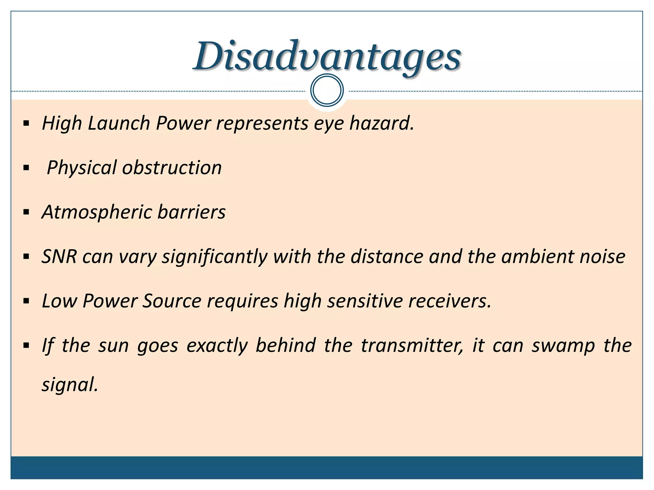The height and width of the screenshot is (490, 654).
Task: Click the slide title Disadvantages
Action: [x=327, y=57]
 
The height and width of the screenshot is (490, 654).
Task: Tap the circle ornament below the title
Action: [x=327, y=90]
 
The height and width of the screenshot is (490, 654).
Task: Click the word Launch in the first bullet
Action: [x=118, y=123]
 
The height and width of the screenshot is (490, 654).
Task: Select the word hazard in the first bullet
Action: [x=382, y=123]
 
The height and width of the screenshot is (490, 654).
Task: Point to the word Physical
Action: [x=82, y=168]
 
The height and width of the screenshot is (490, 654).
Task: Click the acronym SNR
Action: [x=59, y=256]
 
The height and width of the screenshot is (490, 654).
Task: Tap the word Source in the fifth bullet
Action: [x=172, y=301]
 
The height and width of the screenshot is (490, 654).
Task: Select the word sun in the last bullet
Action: [x=113, y=345]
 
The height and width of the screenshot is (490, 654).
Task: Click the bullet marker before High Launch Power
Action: [x=27, y=123]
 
